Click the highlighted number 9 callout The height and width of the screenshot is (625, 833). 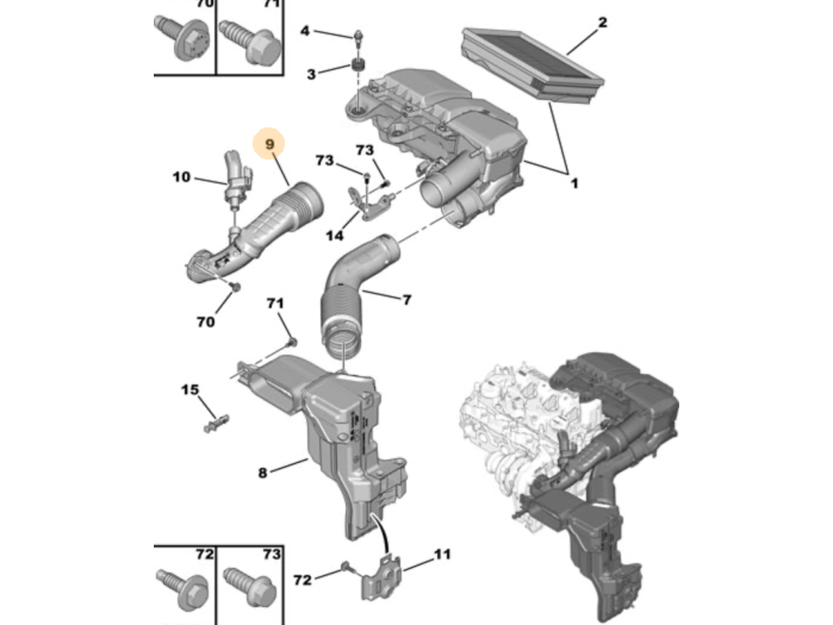tap(268, 143)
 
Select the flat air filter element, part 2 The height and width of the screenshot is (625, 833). tap(533, 64)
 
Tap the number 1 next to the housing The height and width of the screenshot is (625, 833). tap(574, 183)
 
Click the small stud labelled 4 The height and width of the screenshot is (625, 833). tap(359, 37)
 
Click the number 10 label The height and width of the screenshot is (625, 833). tap(181, 177)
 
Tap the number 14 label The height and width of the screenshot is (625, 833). tap(334, 235)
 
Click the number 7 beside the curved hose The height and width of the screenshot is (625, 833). tap(407, 299)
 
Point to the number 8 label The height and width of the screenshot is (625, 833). tap(263, 473)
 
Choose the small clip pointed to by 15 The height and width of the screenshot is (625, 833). tap(216, 423)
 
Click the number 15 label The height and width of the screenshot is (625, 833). tap(190, 390)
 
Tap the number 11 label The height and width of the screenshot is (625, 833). tap(442, 554)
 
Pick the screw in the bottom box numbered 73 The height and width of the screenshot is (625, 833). tap(250, 587)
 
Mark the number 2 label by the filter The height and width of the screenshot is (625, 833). tap(602, 22)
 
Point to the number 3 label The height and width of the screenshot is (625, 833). tap(312, 74)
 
